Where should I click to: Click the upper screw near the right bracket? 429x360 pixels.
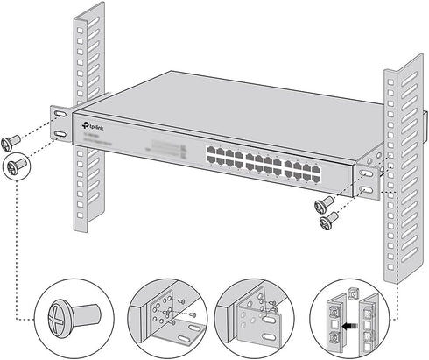(x=325, y=205)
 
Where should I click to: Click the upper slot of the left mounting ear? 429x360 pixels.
(x=59, y=115)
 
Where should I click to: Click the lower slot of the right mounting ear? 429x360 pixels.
(x=366, y=187)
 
